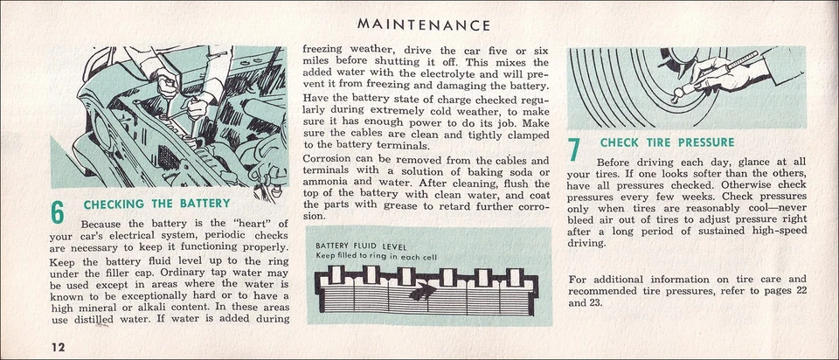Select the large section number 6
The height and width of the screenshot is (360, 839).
(x=58, y=212)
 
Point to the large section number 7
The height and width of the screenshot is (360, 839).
(x=574, y=149)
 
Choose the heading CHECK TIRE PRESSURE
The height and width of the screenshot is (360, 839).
(x=667, y=142)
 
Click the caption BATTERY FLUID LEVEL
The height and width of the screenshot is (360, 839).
(x=358, y=246)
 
